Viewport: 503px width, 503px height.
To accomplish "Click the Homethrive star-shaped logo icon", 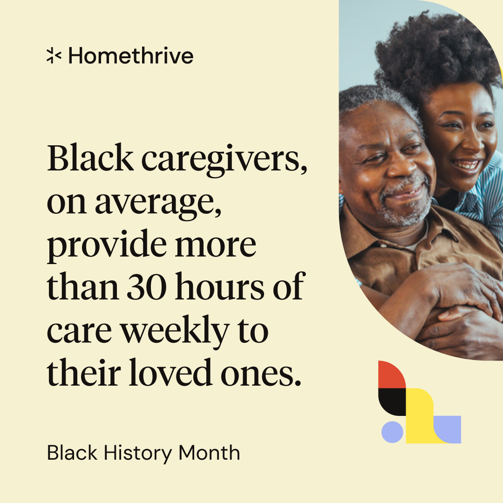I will click(54, 56).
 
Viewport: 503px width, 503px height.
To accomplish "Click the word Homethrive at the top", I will click(130, 56).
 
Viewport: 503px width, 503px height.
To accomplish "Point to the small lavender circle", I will click(392, 432).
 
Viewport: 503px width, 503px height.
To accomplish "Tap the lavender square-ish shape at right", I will click(449, 429).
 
